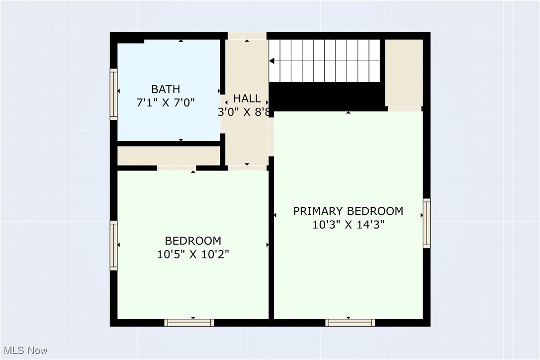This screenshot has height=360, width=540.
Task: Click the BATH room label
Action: pyautogui.click(x=166, y=90)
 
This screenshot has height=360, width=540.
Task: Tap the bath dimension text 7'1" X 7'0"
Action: pyautogui.click(x=166, y=103)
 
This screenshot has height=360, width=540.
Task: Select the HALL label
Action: pyautogui.click(x=247, y=98)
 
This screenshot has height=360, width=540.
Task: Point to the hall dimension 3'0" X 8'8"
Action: pyautogui.click(x=245, y=112)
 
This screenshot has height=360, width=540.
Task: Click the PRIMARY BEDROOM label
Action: pyautogui.click(x=348, y=211)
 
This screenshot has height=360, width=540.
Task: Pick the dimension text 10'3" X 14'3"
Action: pyautogui.click(x=348, y=224)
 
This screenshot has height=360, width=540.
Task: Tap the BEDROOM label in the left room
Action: pyautogui.click(x=193, y=241)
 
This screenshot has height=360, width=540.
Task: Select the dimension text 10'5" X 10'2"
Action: pyautogui.click(x=193, y=254)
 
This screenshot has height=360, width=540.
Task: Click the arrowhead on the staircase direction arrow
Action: pyautogui.click(x=272, y=61)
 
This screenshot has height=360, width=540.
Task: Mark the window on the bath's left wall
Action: pyautogui.click(x=114, y=94)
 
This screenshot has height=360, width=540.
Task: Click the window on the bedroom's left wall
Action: pyautogui.click(x=114, y=245)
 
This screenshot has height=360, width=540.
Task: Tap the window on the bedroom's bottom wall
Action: pyautogui.click(x=189, y=323)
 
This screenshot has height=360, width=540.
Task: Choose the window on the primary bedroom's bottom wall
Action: pyautogui.click(x=350, y=323)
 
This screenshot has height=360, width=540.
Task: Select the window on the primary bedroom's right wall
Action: pyautogui.click(x=427, y=223)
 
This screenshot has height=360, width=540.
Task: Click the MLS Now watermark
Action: pyautogui.click(x=24, y=351)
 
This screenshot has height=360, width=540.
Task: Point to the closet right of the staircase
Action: pyautogui.click(x=404, y=72)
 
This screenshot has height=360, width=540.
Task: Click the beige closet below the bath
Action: pyautogui.click(x=169, y=156)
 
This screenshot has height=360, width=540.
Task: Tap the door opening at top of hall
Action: pyautogui.click(x=247, y=36)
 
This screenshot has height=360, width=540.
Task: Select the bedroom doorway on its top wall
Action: pyautogui.click(x=176, y=168)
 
